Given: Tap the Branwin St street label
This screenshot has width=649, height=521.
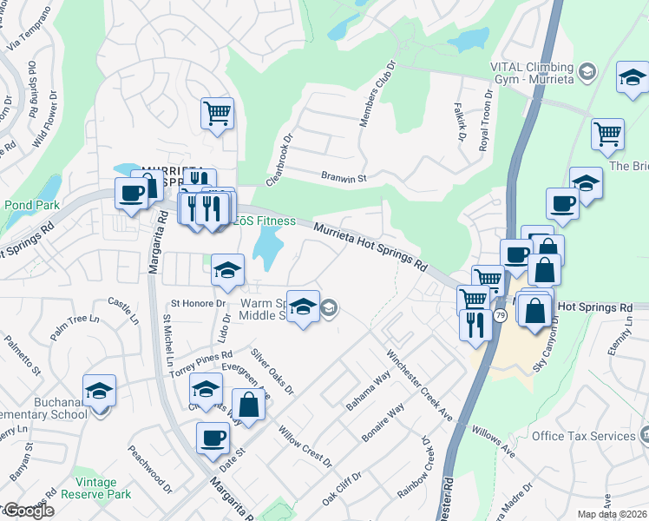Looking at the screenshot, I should click(x=344, y=177).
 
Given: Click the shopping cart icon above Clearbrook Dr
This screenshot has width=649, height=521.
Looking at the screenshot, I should click(x=217, y=112).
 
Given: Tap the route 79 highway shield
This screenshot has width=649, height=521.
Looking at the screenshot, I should click(x=501, y=317).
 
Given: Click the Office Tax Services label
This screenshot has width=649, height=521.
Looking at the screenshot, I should click(x=585, y=435).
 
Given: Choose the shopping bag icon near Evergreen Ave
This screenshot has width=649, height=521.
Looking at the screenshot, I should click(x=248, y=404).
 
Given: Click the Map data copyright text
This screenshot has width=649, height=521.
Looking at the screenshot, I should click(x=612, y=514).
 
